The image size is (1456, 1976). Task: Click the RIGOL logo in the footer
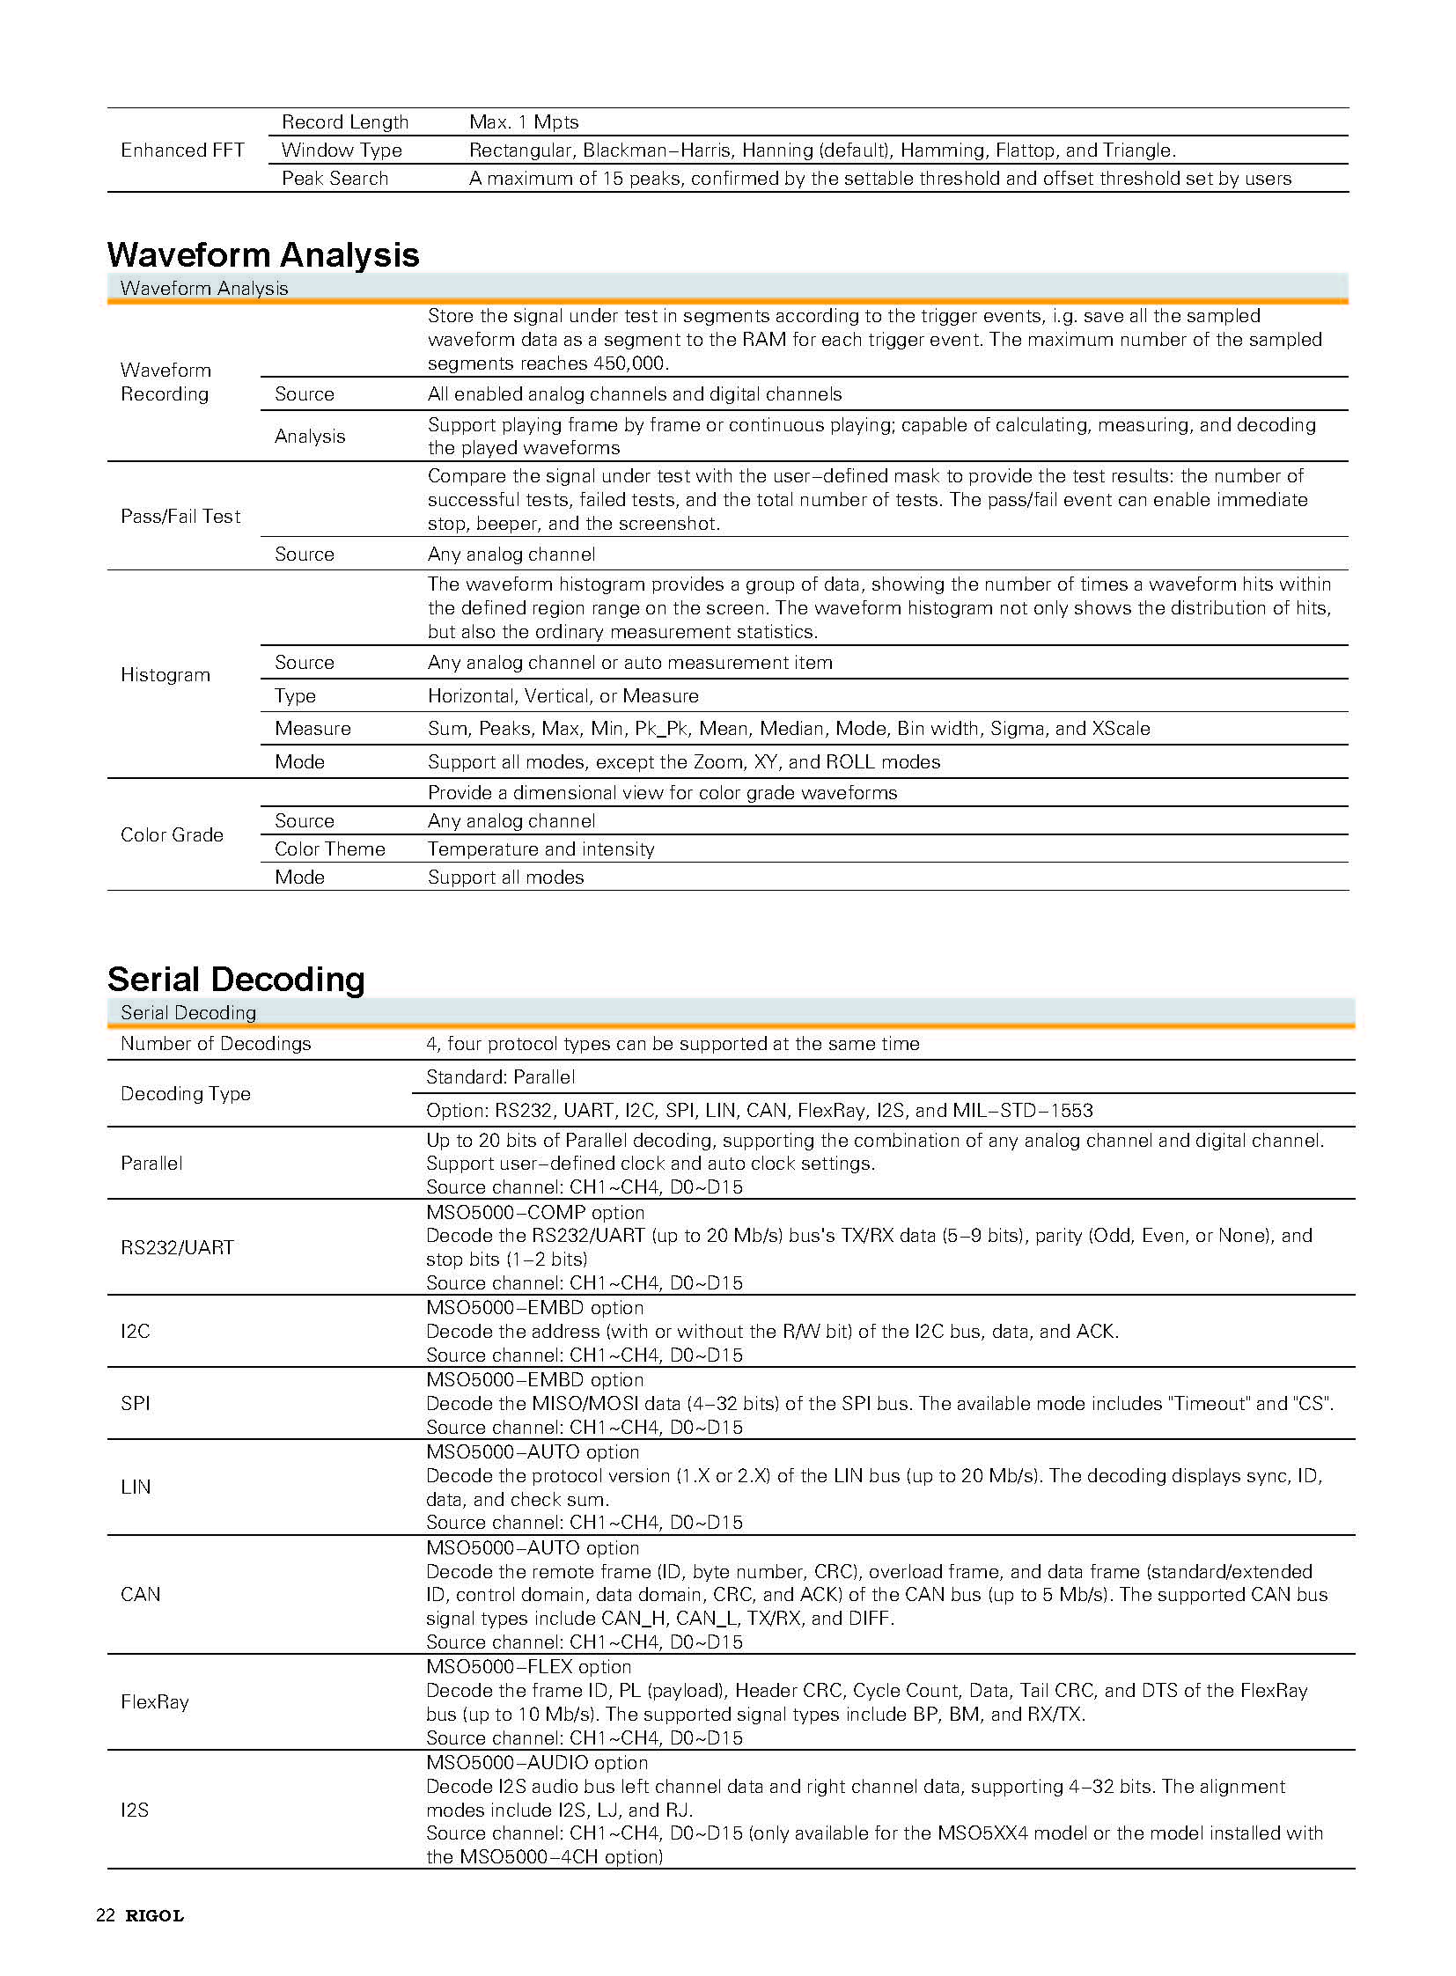pos(154,1915)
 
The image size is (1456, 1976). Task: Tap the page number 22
pos(105,1915)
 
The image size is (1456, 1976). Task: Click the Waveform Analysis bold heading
pos(262,254)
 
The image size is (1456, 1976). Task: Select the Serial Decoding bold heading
pos(235,979)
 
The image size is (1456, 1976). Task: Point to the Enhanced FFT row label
pos(182,151)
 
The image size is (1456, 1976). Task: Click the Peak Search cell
pos(335,179)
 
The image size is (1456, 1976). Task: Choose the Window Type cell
pos(341,151)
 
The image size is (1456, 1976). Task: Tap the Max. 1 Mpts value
pos(524,122)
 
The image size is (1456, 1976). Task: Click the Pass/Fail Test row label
pos(180,517)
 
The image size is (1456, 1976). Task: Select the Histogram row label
pos(165,675)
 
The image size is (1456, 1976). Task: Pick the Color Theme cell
pos(329,848)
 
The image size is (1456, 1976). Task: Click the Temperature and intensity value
pos(540,848)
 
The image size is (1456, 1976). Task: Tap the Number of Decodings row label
pos(216,1044)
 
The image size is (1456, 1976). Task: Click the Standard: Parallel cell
pos(500,1077)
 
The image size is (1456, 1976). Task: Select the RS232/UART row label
pos(177,1247)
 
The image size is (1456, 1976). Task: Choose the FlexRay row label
pos(155,1702)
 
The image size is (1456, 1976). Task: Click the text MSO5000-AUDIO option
pos(537,1763)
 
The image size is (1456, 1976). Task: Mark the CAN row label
pos(141,1594)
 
